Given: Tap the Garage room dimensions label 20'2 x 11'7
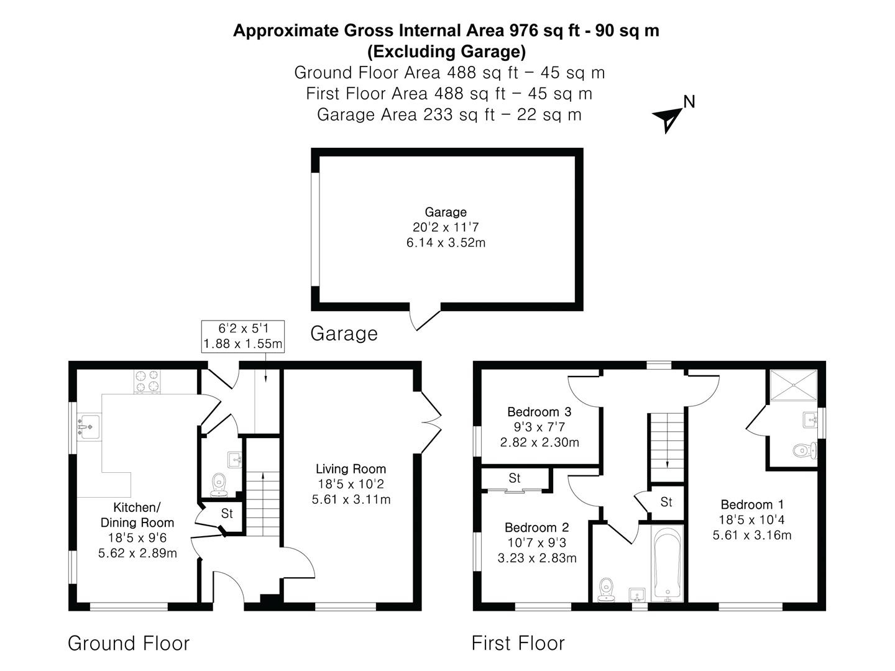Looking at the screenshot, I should pos(446,227).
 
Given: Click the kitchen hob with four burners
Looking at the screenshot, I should pos(147,382).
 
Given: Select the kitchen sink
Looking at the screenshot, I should pos(88,427).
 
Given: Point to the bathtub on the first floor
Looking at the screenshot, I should pos(668,564).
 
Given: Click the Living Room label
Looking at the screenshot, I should pos(351,469).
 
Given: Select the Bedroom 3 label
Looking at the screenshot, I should pos(539,412).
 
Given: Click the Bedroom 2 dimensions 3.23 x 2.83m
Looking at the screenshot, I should pos(537,558).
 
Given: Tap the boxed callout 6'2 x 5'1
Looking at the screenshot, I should pos(243,336).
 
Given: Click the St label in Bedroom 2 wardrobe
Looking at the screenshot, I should pos(515,478).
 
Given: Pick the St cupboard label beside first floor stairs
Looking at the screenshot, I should pos(666,502).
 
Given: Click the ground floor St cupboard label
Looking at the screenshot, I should pos(227,514).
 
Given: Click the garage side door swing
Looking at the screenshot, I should pos(425,318).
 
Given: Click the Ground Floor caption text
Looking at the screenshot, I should pos(129,643).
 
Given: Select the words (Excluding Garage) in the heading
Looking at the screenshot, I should pos(446,51).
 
